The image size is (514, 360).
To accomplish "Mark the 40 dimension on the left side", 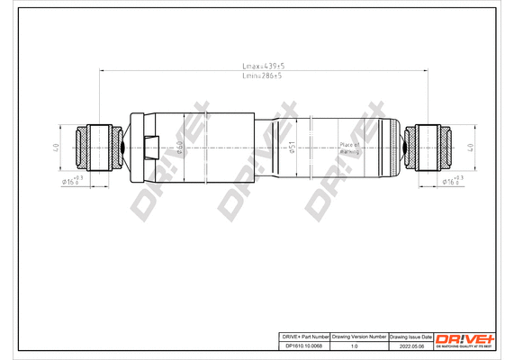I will click(56, 146).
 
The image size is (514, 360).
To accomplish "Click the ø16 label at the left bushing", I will click(71, 182).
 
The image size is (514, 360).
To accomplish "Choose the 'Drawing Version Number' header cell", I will click(359, 335).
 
